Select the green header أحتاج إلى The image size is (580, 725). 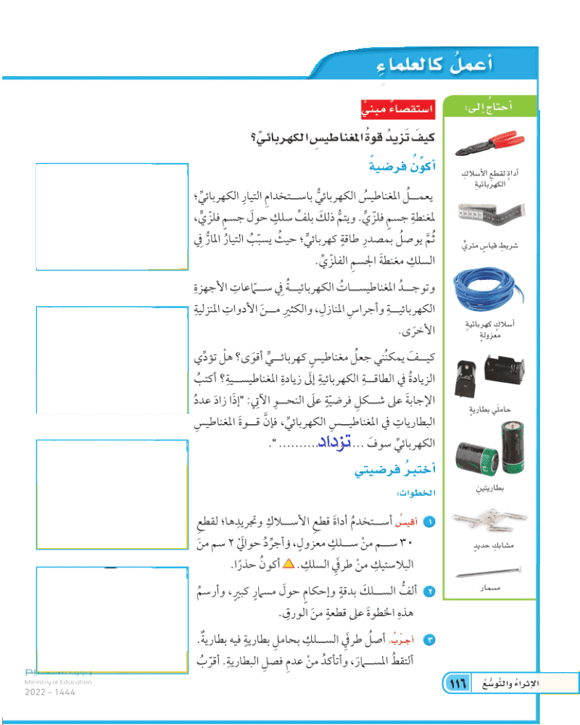[x=490, y=107]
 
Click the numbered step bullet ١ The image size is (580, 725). [x=430, y=522]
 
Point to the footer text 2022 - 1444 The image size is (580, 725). [x=49, y=692]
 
